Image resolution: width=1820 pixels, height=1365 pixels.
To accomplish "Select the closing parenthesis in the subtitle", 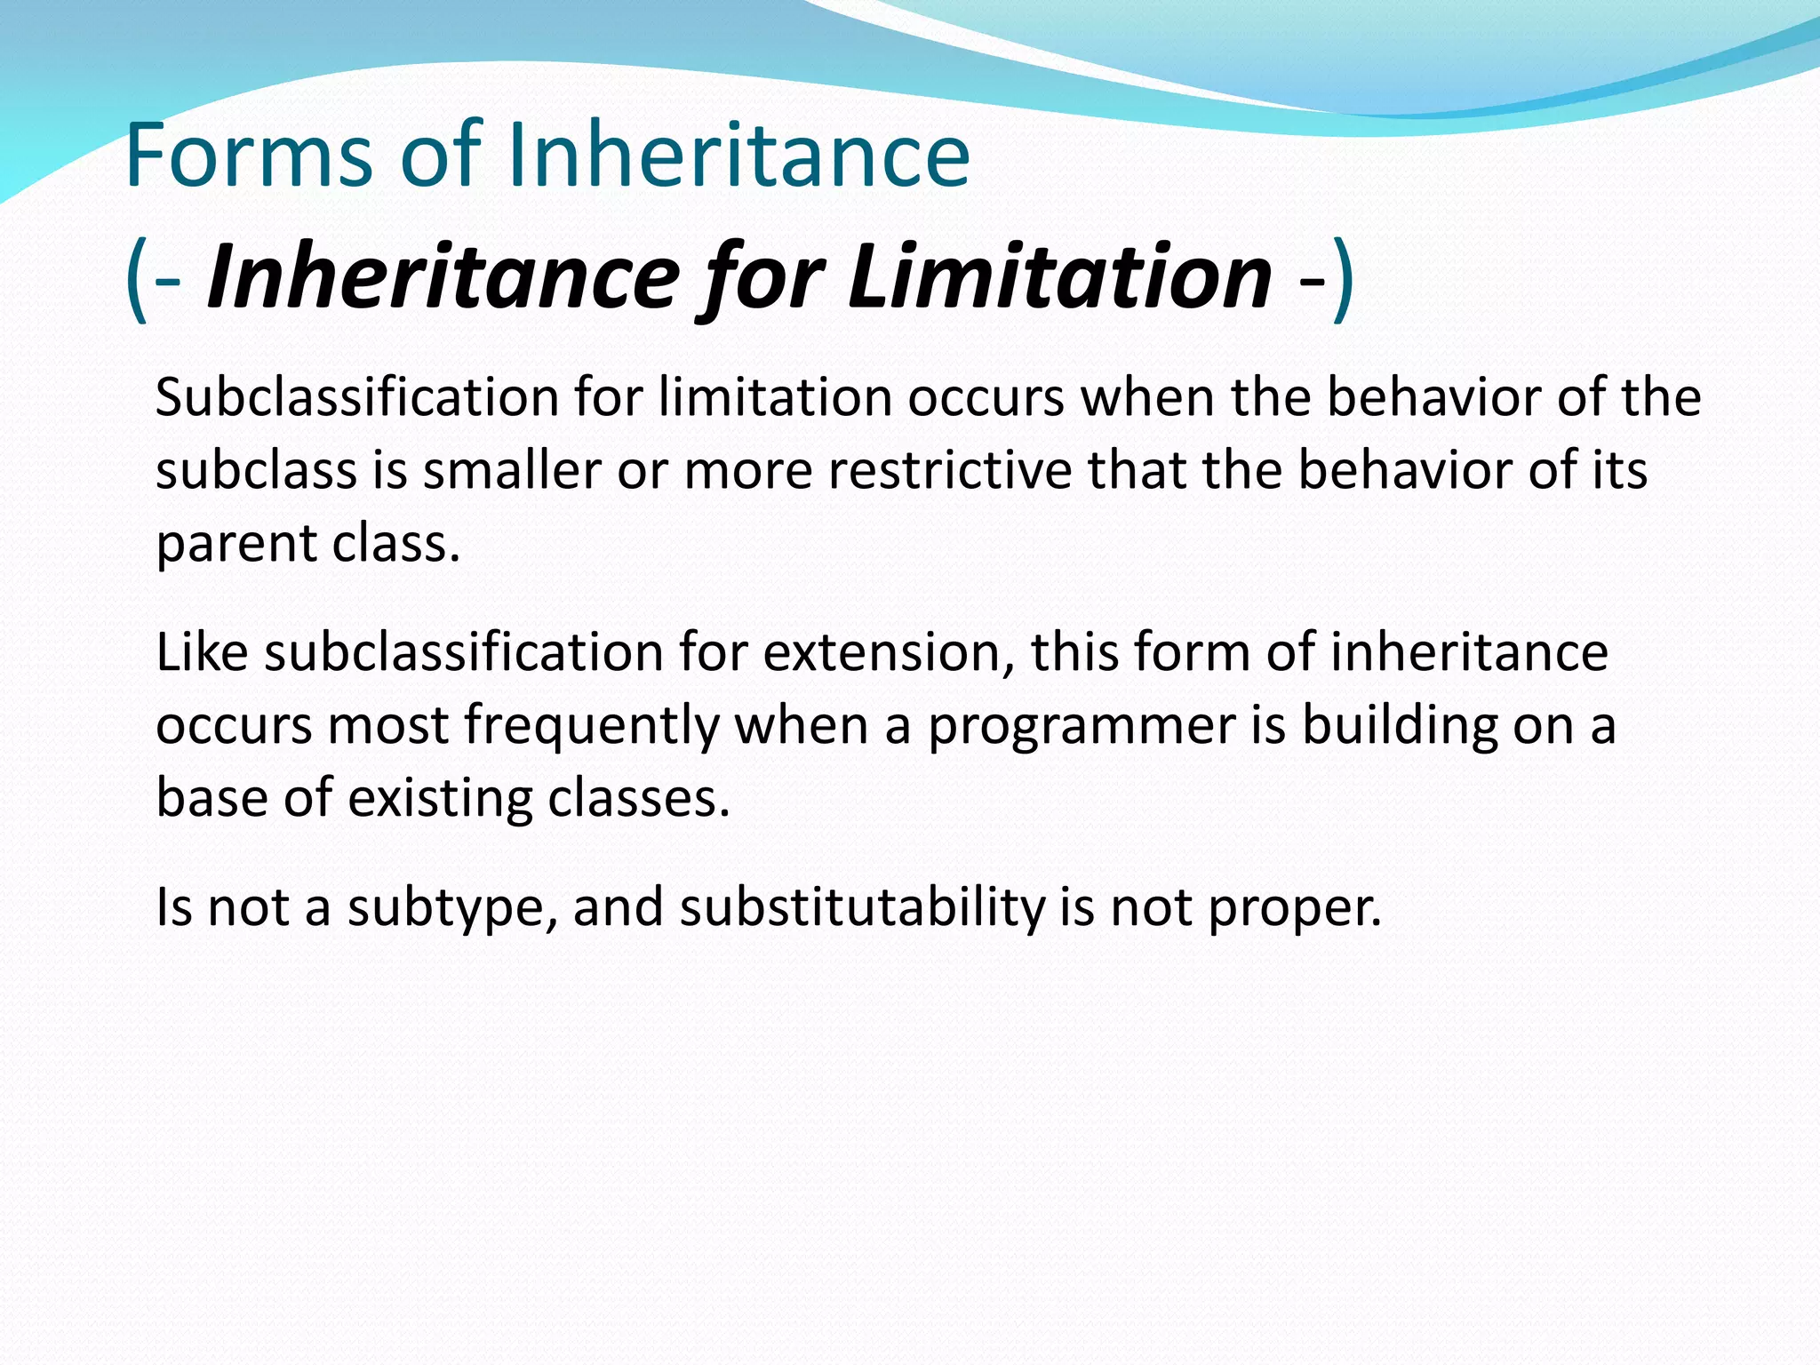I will (x=1344, y=279).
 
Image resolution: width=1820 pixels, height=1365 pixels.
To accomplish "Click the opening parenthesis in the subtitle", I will (x=135, y=279).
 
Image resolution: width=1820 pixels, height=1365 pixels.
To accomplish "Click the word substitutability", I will (x=861, y=908).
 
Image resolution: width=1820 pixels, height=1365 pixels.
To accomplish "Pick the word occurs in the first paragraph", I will (x=986, y=397).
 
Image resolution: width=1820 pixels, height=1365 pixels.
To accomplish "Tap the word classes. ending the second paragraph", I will (x=639, y=798).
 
